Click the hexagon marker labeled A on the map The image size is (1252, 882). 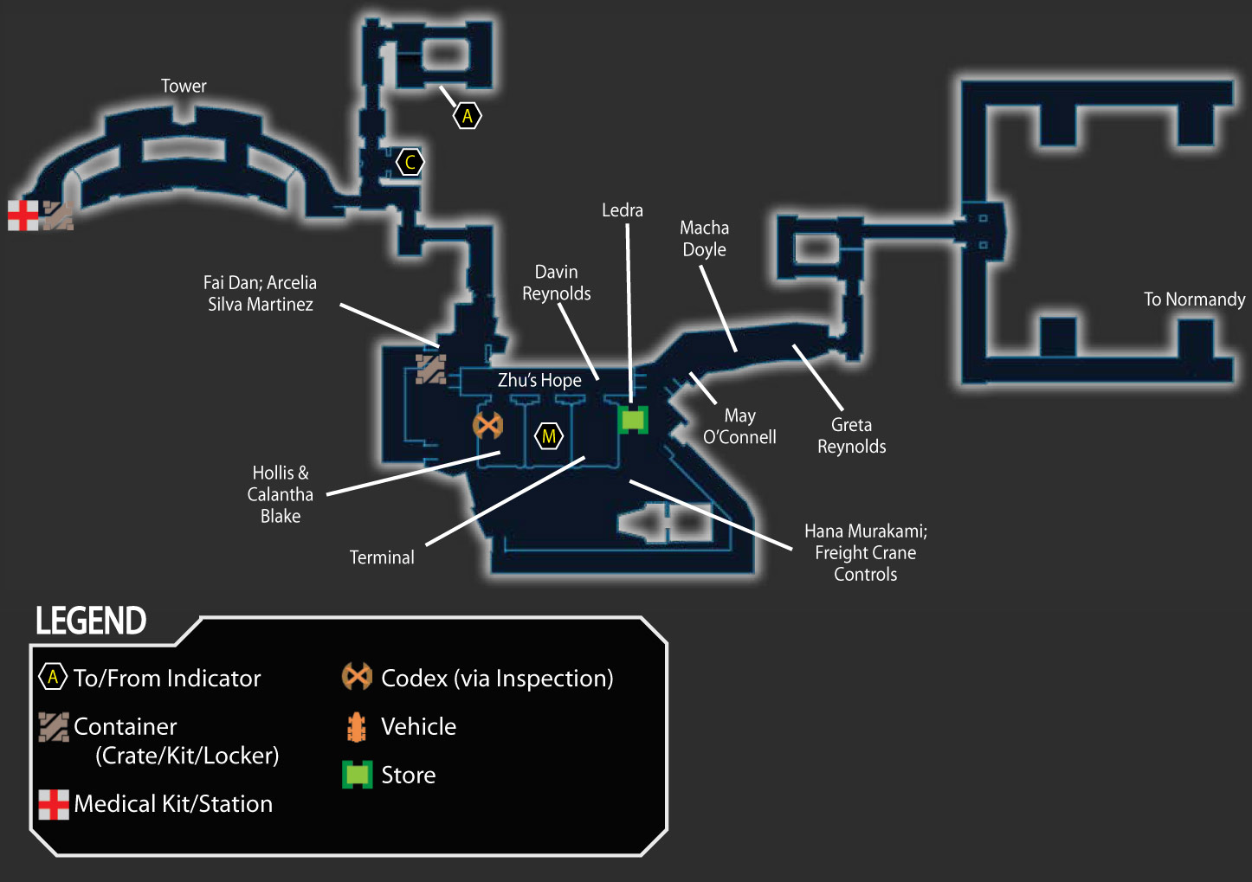click(x=468, y=116)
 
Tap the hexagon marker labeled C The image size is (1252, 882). click(x=410, y=163)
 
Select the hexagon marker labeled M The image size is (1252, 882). click(x=549, y=435)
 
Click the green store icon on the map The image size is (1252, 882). click(x=633, y=420)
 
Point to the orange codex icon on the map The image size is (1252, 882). click(x=488, y=426)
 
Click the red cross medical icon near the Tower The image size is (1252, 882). click(x=23, y=215)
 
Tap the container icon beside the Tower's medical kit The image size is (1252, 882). click(x=58, y=216)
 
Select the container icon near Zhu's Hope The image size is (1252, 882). click(x=431, y=370)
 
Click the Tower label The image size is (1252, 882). click(x=184, y=86)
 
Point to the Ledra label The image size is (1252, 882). click(x=622, y=210)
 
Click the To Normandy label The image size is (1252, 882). click(x=1195, y=299)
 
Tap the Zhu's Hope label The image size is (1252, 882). click(x=539, y=380)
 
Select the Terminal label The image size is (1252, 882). click(x=382, y=557)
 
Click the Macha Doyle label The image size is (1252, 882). click(x=704, y=239)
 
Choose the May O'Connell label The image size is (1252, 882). click(x=739, y=426)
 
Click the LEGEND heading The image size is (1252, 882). click(x=91, y=621)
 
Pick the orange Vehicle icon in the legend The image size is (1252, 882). click(x=357, y=727)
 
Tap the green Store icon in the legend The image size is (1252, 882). click(x=357, y=775)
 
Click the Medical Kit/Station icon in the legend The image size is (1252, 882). click(x=54, y=804)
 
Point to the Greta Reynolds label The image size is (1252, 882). click(x=851, y=435)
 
